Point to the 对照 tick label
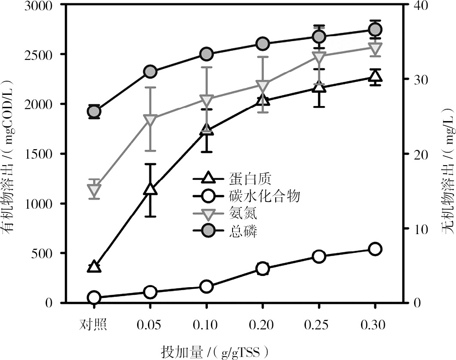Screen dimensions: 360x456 tap(94, 324)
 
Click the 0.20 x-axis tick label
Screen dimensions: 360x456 tap(262, 324)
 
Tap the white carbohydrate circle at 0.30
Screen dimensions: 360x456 tap(375, 249)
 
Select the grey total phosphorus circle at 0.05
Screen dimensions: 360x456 tap(150, 72)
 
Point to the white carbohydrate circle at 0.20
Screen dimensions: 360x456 tap(262, 269)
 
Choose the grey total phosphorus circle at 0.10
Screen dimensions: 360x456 tap(206, 54)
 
